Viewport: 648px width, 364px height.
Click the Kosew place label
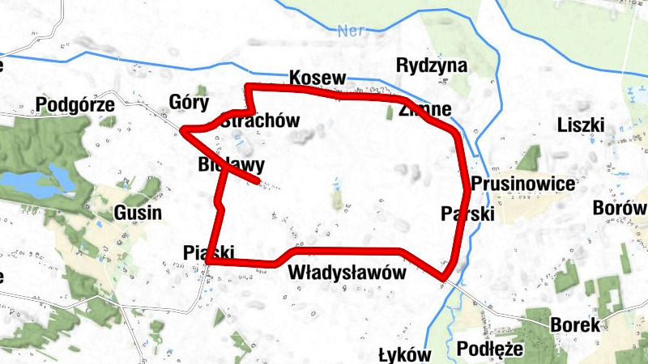pyautogui.click(x=318, y=78)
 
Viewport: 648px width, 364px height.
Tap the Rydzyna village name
pyautogui.click(x=432, y=66)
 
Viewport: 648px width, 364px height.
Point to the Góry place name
pyautogui.click(x=189, y=103)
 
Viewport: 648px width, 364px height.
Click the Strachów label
pyautogui.click(x=260, y=121)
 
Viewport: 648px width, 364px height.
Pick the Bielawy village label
pyautogui.click(x=232, y=166)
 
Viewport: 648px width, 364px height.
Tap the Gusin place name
pyautogui.click(x=138, y=214)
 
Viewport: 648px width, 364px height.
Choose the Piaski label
pyautogui.click(x=209, y=251)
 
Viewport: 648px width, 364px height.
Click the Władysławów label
pyautogui.click(x=346, y=273)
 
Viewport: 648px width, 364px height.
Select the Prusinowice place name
pyautogui.click(x=522, y=184)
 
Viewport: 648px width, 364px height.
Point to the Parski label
pyautogui.click(x=467, y=214)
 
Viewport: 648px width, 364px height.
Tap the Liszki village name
pyautogui.click(x=582, y=125)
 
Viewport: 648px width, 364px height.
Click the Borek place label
pyautogui.click(x=575, y=326)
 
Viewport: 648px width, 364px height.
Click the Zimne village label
pyautogui.click(x=424, y=110)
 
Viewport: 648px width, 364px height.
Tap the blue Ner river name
pyautogui.click(x=349, y=31)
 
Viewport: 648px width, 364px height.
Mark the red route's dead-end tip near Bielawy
pyautogui.click(x=258, y=183)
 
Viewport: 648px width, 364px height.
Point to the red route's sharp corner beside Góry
pyautogui.click(x=184, y=130)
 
